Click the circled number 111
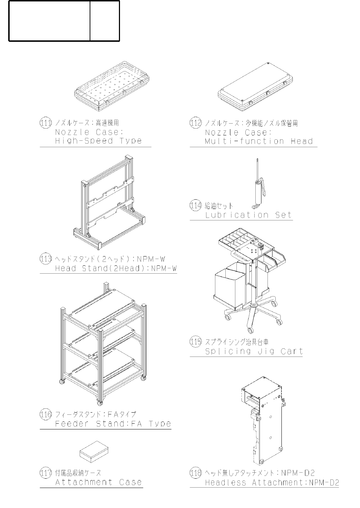point(46,123)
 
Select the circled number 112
point(196,123)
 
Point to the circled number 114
point(196,205)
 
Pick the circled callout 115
point(196,342)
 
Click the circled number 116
point(46,414)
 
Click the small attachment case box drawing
point(94,453)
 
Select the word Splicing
point(228,351)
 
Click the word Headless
point(226,483)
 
